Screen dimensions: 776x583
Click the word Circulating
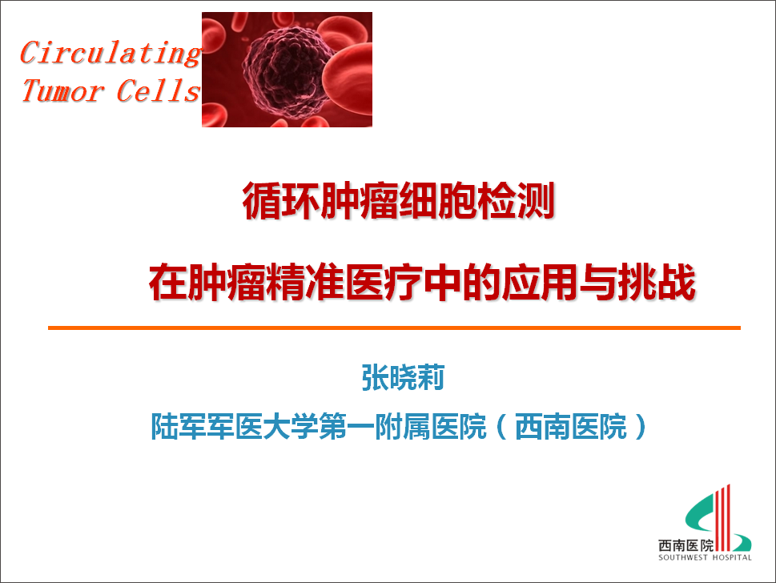point(111,53)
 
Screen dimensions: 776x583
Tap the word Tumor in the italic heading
point(62,90)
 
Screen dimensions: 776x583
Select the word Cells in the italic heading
point(158,90)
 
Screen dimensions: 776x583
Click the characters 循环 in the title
point(281,201)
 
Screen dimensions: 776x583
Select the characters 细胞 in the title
point(437,201)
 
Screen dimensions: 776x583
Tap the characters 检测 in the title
point(515,201)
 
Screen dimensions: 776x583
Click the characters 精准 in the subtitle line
point(305,283)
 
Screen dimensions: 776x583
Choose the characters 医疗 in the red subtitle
point(384,283)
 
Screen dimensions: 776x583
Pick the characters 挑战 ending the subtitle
point(657,283)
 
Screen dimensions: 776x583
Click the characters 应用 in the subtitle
point(540,283)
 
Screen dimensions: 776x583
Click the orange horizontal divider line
point(394,328)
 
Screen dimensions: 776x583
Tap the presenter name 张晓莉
point(403,378)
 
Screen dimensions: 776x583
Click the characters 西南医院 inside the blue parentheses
point(571,426)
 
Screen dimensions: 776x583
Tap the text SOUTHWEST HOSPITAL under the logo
point(705,557)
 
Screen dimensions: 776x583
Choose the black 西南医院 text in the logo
point(686,545)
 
